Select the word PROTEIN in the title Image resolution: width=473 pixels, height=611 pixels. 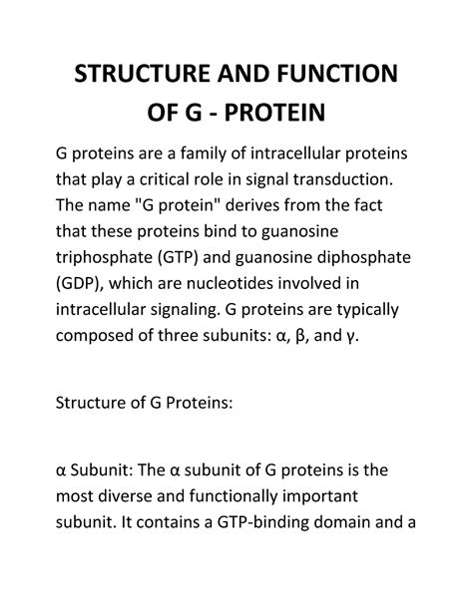coord(274,113)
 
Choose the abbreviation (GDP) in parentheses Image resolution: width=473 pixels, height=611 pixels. coord(80,284)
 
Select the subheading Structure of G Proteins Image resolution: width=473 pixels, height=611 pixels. coord(144,403)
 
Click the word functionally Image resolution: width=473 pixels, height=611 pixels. coord(234,496)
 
